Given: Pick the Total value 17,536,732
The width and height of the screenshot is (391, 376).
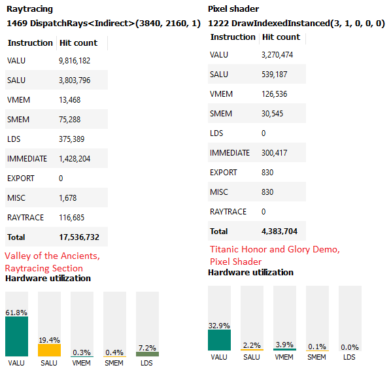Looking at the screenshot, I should (x=78, y=237).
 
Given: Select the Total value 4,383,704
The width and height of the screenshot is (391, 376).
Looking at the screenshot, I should (x=282, y=231).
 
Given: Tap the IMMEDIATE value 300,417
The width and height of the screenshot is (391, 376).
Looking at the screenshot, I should (x=277, y=153).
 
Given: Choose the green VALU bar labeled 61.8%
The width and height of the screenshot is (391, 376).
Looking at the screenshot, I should (x=16, y=336).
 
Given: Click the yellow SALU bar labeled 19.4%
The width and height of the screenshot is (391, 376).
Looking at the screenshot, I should (x=49, y=350).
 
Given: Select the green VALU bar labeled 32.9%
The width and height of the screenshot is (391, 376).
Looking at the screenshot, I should (x=219, y=340).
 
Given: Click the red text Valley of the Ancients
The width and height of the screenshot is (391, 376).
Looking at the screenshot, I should (x=52, y=256).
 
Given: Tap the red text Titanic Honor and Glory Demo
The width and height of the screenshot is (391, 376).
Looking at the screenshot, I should (x=275, y=249).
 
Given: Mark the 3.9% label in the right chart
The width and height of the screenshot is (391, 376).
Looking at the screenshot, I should (x=284, y=344).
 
